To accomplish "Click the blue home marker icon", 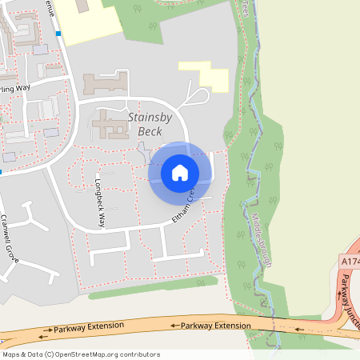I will tap(180, 172).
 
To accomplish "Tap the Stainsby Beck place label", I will tap(150, 124).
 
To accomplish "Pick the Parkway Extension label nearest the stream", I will tap(216, 326).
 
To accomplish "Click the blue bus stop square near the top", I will tap(58, 34).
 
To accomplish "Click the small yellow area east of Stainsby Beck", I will tap(206, 73).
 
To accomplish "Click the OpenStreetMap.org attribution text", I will tap(112, 354).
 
